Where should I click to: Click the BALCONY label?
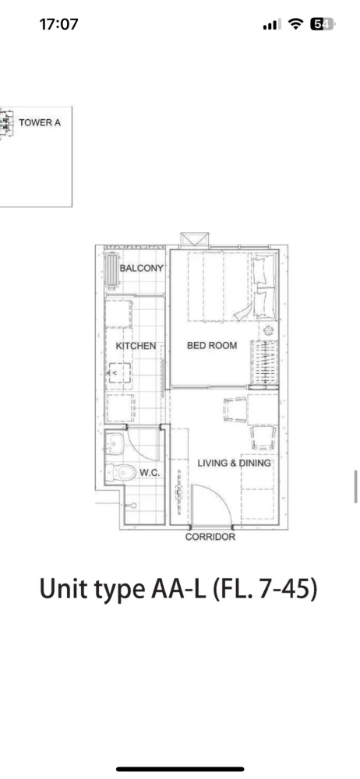(142, 268)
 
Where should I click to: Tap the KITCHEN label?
(136, 346)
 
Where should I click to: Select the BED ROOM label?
(212, 345)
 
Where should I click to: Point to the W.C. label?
(150, 473)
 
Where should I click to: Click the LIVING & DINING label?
(235, 463)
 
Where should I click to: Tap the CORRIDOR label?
(210, 537)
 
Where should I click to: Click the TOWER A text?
(40, 122)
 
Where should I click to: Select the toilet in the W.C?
(122, 473)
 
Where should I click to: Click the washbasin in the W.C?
(115, 443)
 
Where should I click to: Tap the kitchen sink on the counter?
(119, 372)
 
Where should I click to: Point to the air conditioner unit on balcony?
(112, 272)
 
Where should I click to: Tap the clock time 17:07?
(58, 24)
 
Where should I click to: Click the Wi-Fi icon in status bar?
(296, 24)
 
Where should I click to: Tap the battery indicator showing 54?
(323, 24)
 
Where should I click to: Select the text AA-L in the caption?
(178, 589)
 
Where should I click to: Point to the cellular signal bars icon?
(272, 24)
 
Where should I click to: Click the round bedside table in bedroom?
(268, 330)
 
